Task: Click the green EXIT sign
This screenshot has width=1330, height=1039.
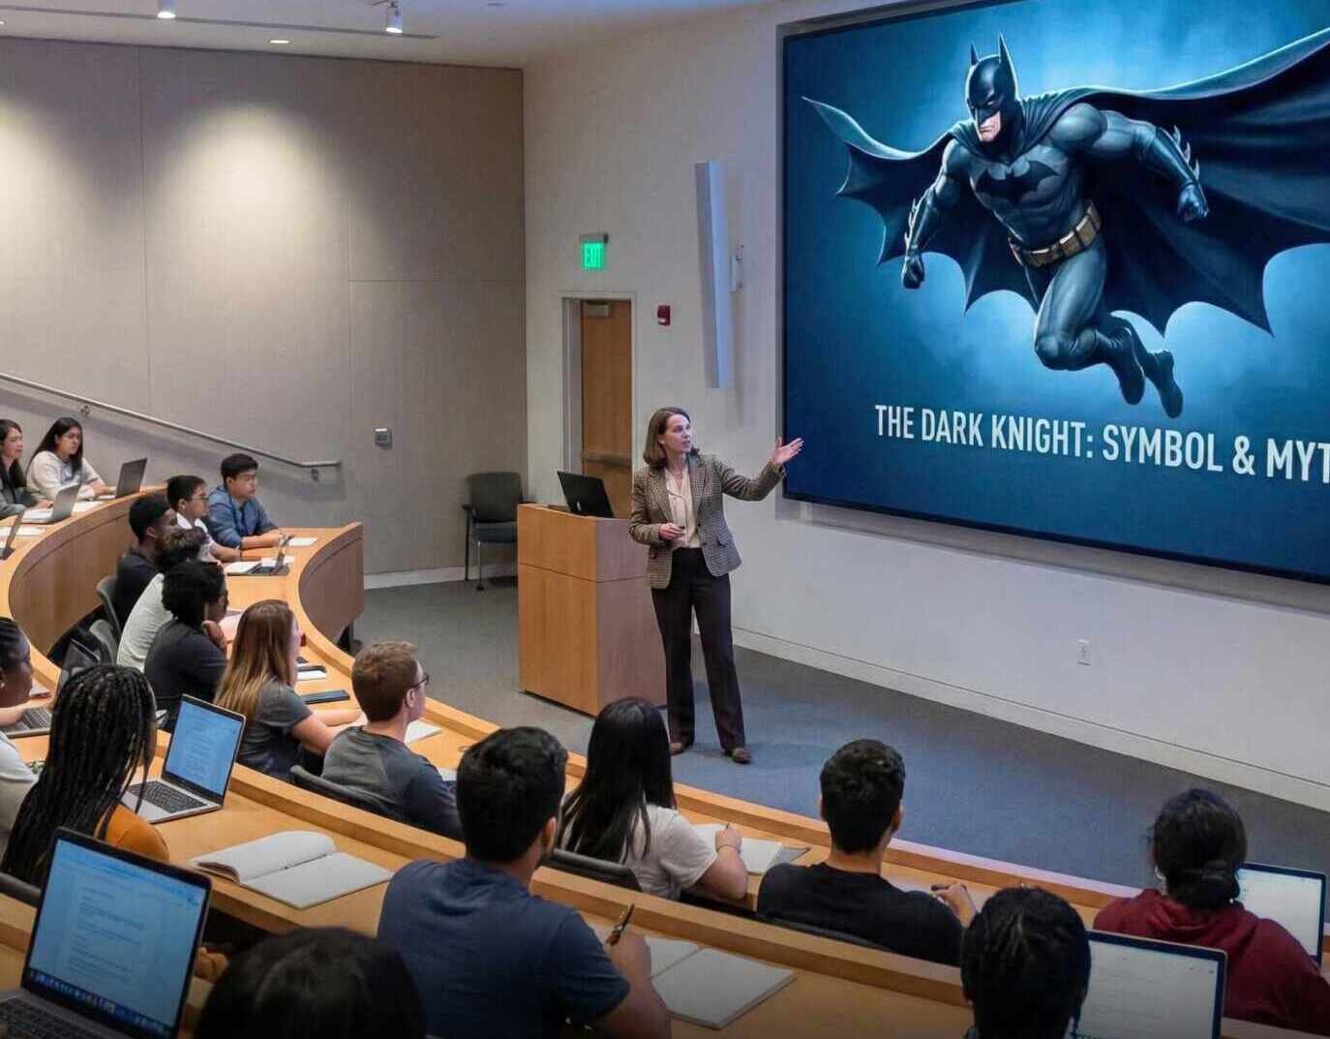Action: tap(593, 255)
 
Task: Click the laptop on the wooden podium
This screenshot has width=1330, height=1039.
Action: tap(585, 495)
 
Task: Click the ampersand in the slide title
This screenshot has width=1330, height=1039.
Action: tap(1258, 456)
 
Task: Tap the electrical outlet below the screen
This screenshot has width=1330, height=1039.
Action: tap(1084, 652)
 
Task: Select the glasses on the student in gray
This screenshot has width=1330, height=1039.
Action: tap(419, 683)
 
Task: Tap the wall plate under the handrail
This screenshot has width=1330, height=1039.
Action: tap(383, 437)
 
